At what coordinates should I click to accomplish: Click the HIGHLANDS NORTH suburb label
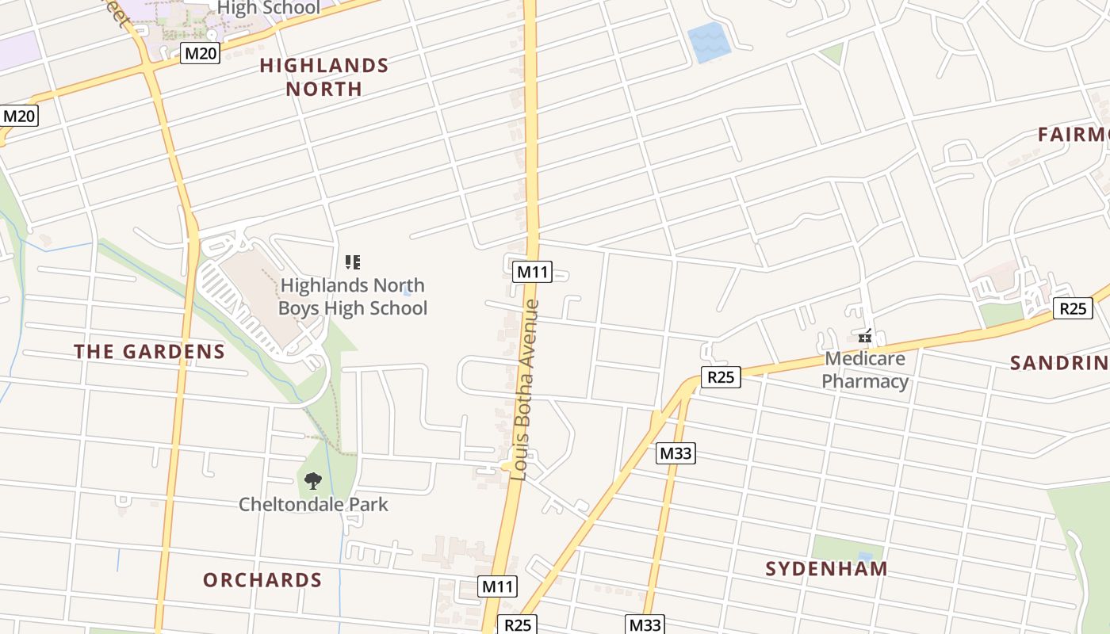[324, 77]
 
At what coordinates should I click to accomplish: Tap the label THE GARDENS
[150, 352]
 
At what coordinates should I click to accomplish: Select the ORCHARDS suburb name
[262, 580]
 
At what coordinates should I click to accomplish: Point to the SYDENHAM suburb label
[826, 568]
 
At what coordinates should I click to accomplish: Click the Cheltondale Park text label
[313, 504]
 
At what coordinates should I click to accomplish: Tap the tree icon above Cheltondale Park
[313, 480]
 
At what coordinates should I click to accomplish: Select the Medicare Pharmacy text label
[865, 370]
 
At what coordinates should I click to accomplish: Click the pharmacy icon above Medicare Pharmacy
[865, 337]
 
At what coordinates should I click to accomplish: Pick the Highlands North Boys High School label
[353, 296]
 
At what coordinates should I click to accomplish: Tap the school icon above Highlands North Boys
[353, 262]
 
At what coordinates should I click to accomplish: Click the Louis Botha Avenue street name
[526, 390]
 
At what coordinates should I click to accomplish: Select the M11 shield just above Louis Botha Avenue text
[532, 272]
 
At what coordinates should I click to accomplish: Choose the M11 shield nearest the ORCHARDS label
[498, 586]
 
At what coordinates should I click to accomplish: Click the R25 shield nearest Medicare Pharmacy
[721, 377]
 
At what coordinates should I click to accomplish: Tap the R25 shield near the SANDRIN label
[1073, 308]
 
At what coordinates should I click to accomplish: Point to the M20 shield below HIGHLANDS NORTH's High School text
[200, 54]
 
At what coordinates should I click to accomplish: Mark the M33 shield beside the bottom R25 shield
[645, 624]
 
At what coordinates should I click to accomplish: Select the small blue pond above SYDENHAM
[865, 557]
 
